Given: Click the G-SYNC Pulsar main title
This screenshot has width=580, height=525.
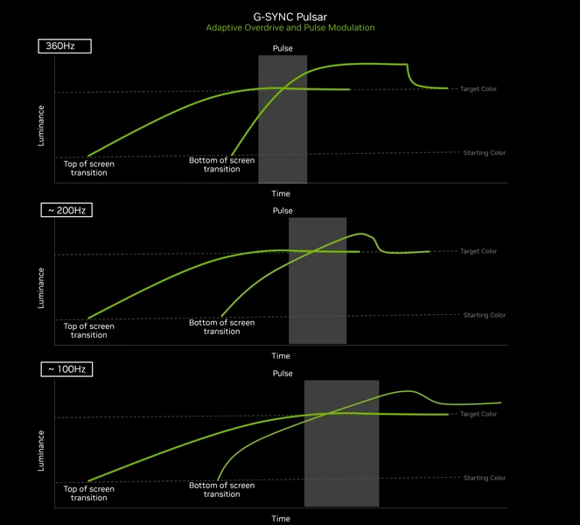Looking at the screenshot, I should tap(290, 16).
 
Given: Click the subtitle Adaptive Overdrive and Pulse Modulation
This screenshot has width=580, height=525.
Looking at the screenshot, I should tap(290, 28).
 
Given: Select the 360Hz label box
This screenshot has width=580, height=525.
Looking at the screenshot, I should tap(64, 45).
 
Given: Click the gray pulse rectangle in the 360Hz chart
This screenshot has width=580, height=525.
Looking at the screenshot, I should tap(283, 119).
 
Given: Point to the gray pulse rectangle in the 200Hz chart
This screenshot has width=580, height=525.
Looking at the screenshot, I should tap(317, 280).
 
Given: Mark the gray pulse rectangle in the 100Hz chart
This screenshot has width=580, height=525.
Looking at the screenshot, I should tap(341, 443).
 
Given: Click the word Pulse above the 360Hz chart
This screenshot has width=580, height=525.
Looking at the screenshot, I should tap(283, 47).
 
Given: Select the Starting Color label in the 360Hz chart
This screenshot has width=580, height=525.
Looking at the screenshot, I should tap(484, 153).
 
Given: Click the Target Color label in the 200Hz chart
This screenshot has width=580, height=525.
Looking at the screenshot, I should tap(478, 251).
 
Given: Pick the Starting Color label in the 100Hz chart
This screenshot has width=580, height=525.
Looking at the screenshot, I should tap(484, 478).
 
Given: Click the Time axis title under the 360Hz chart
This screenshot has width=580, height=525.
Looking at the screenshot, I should tap(281, 193).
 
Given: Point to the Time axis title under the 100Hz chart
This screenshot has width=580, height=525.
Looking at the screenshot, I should tap(281, 518).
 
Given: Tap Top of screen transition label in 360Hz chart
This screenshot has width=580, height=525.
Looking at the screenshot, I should tap(88, 168).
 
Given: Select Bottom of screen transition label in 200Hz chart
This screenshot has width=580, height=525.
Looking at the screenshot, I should tap(221, 327).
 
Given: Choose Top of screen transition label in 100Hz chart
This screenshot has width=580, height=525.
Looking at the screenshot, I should tap(88, 493).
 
